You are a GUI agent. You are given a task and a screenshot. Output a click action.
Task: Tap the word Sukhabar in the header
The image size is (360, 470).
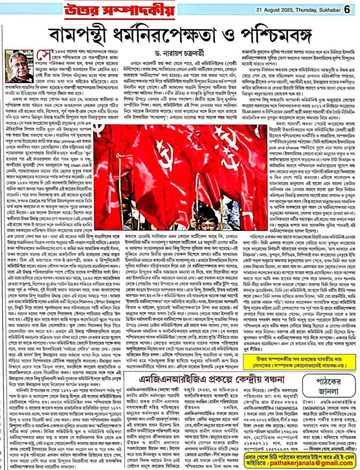click(324, 9)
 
